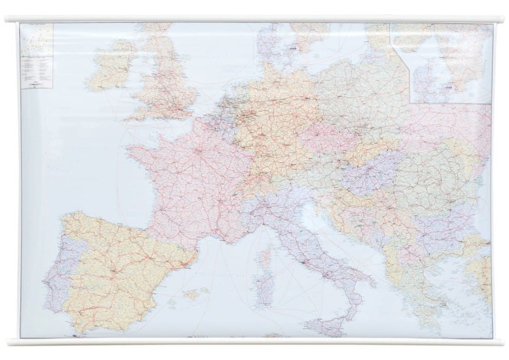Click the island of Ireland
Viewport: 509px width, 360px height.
pyautogui.click(x=112, y=66)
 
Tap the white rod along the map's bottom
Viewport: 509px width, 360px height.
pyautogui.click(x=254, y=342)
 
